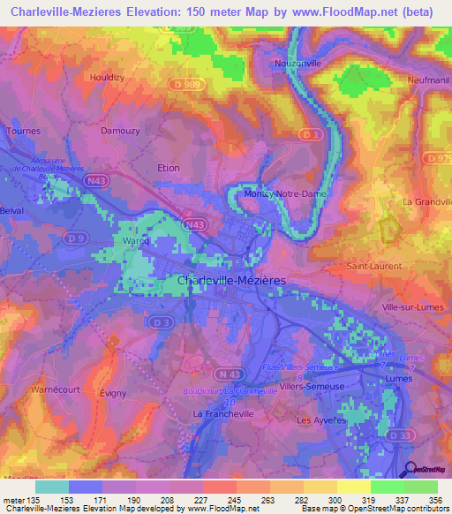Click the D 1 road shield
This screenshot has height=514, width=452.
click(308, 134)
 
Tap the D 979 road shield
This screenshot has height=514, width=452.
click(441, 158)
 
